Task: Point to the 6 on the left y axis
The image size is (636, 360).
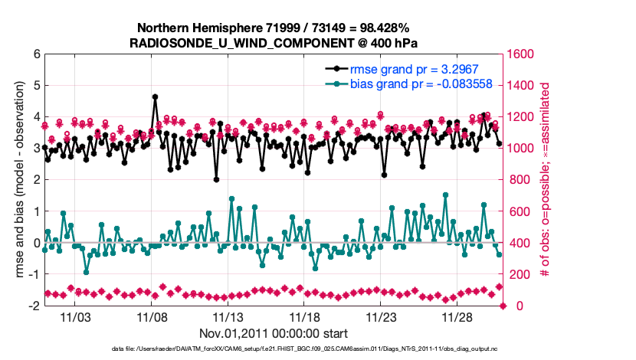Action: pos(35,54)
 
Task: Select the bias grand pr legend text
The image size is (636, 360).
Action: pos(421,83)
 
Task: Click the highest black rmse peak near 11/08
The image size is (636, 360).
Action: pos(155,97)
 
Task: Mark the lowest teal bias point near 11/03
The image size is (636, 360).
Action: pos(86,272)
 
